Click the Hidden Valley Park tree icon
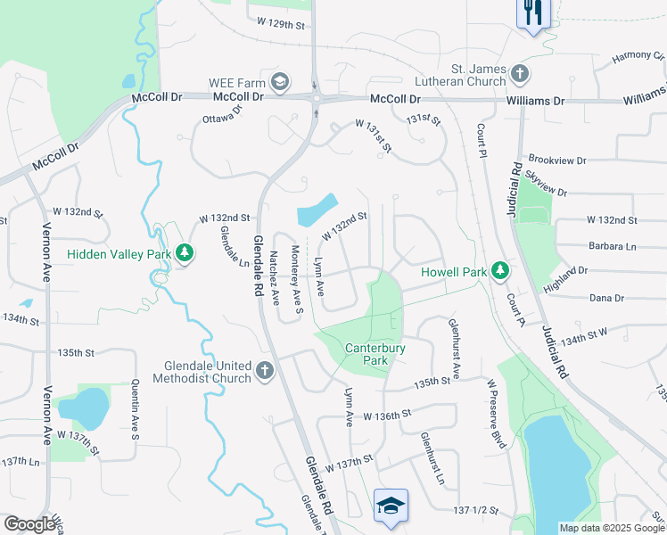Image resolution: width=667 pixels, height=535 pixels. pos(185,253)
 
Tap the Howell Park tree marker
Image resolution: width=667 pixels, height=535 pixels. pos(501,270)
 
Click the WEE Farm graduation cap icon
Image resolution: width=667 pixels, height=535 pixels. pos(280,83)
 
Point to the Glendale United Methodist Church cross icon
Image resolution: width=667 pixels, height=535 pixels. pos(264,371)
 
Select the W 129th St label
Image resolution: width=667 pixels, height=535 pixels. pos(280,21)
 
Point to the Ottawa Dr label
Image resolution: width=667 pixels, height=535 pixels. pos(222,115)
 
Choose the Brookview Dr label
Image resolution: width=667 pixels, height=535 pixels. pos(556,160)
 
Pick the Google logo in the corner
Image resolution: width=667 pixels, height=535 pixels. pos(29,524)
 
